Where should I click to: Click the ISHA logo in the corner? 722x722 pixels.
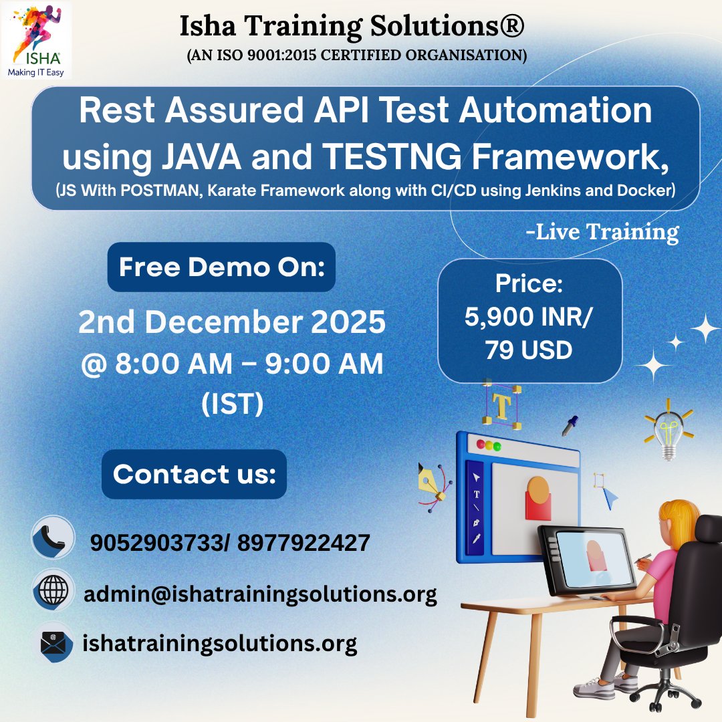pos(36,41)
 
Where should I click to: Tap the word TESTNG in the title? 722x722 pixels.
pos(391,157)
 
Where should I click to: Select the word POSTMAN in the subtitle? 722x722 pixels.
pos(159,190)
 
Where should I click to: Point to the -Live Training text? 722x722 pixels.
pos(602,231)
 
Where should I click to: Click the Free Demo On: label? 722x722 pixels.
pos(221,267)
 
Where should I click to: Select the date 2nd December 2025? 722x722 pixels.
pos(231,322)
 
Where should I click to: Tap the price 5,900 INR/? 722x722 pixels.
pos(527,317)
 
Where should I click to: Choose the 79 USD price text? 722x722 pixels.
pos(529,350)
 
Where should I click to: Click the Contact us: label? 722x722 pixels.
pos(194,474)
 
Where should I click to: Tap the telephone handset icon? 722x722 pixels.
pos(53,537)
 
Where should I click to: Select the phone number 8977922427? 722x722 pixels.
pos(304,543)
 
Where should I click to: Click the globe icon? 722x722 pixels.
pos(53,590)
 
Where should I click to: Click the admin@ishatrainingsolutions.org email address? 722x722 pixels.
pos(260,594)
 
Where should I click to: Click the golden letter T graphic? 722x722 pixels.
pos(502,404)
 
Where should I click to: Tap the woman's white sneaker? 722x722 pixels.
pos(594,687)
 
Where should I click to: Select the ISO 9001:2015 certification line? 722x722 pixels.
pos(357,55)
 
